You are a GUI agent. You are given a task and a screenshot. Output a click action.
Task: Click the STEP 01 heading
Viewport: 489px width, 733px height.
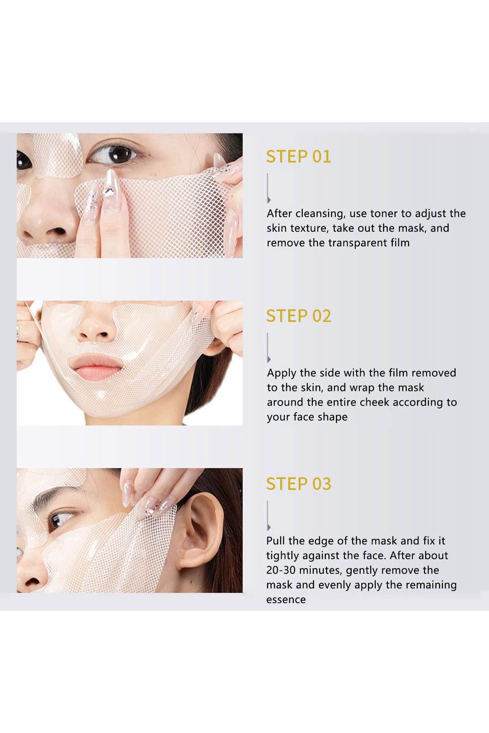[x=298, y=157]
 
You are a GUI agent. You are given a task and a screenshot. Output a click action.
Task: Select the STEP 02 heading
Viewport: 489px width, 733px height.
[x=298, y=316]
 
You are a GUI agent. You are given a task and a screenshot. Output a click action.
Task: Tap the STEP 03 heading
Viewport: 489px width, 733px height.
[x=298, y=484]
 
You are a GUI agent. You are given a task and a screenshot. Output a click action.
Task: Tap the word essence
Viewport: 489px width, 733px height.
[x=286, y=600]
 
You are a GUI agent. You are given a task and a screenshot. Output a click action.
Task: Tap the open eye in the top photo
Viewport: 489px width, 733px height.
[x=115, y=154]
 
